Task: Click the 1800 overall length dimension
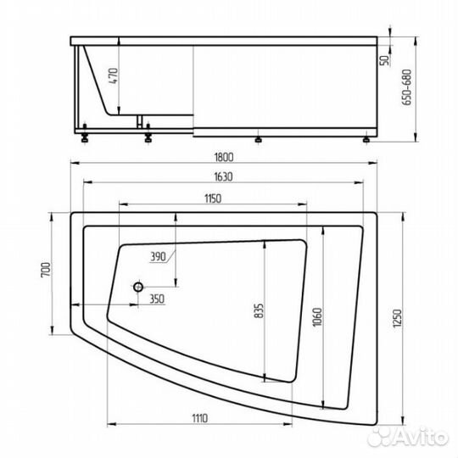224,158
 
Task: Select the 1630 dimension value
223,176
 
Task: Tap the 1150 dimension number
213,198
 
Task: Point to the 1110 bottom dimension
200,418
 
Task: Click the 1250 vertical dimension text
398,318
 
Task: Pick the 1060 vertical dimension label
317,317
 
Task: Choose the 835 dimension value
259,310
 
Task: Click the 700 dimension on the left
46,270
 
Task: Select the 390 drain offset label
158,257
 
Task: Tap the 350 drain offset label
157,299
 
